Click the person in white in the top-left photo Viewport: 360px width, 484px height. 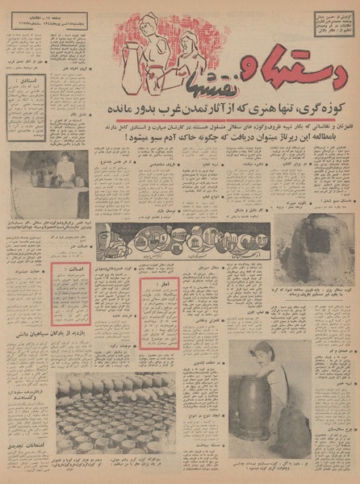click(65, 169)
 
